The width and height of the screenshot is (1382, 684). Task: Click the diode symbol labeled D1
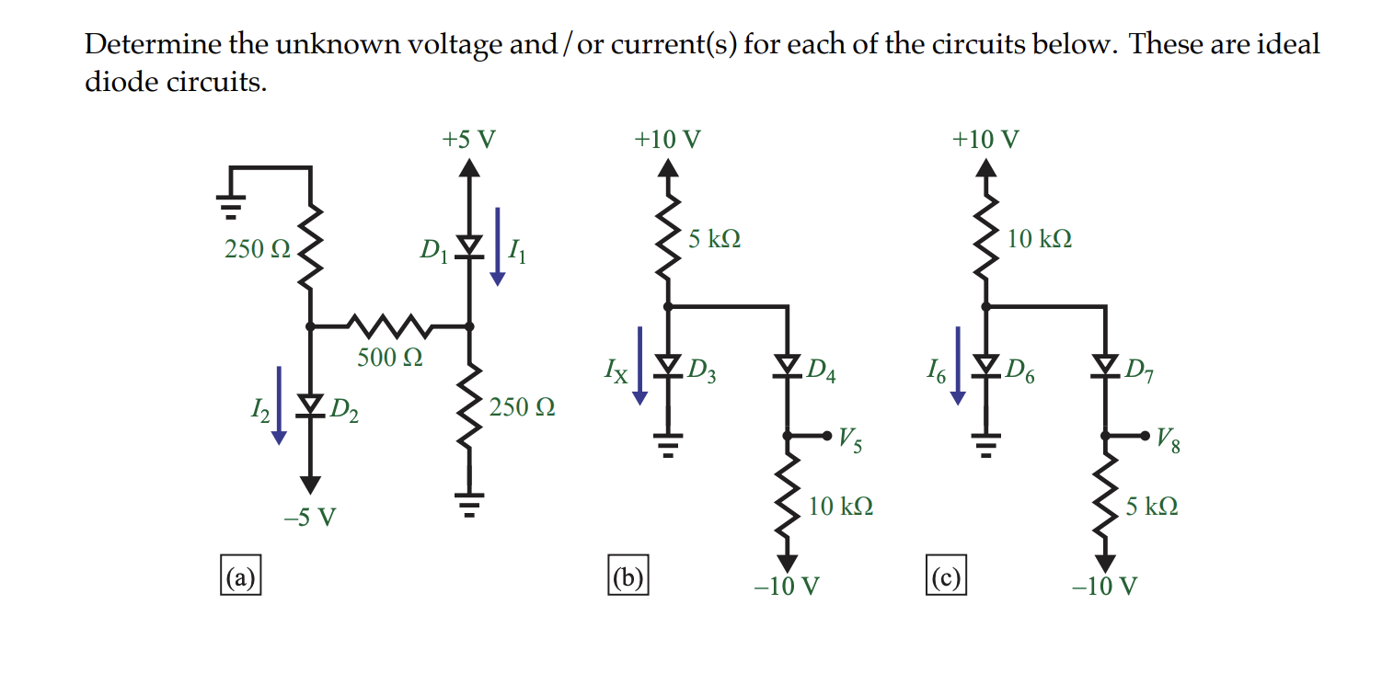470,245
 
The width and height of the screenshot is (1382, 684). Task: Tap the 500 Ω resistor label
390,357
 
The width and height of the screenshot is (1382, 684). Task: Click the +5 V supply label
468,140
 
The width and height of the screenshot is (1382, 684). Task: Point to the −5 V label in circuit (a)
310,518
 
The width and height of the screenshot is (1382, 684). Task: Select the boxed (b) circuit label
628,576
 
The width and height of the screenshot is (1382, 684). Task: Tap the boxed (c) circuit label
946,576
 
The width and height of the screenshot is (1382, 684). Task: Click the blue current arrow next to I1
498,246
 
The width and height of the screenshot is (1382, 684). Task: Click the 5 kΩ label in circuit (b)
715,239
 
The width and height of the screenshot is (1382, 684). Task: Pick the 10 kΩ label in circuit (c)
1039,239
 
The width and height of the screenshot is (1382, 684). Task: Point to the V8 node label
1169,442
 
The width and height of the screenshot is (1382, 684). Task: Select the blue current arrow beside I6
959,365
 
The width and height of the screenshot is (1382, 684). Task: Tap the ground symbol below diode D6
985,446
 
